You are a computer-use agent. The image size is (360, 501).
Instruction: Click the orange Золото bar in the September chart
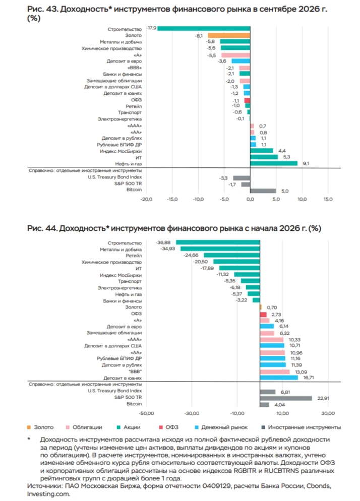point(229,35)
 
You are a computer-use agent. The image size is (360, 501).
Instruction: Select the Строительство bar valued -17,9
point(204,28)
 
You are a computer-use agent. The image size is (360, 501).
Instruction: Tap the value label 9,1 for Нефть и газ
point(306,164)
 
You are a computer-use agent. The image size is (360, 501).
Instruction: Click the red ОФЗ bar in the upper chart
point(247,100)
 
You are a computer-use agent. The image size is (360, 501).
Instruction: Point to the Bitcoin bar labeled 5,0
point(263,191)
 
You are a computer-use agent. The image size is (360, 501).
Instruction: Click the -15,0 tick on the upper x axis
point(172,199)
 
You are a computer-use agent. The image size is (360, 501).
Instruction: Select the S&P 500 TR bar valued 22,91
point(286,398)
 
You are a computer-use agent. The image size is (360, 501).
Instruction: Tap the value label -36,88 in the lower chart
point(163,242)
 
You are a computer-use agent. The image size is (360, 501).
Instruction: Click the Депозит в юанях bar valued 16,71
point(279,378)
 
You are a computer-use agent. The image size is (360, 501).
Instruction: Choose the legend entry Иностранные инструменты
point(301,427)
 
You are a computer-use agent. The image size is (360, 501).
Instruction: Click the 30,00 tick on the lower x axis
point(328,413)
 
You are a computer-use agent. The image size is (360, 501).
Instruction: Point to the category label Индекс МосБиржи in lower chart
point(121,275)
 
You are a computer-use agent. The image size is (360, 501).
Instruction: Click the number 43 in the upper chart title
point(51,9)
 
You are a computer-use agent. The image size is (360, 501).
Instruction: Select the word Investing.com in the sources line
point(48,494)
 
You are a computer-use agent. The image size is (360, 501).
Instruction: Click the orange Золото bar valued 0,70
point(261,307)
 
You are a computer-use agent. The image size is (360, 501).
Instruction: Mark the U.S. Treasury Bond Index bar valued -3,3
point(242,178)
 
